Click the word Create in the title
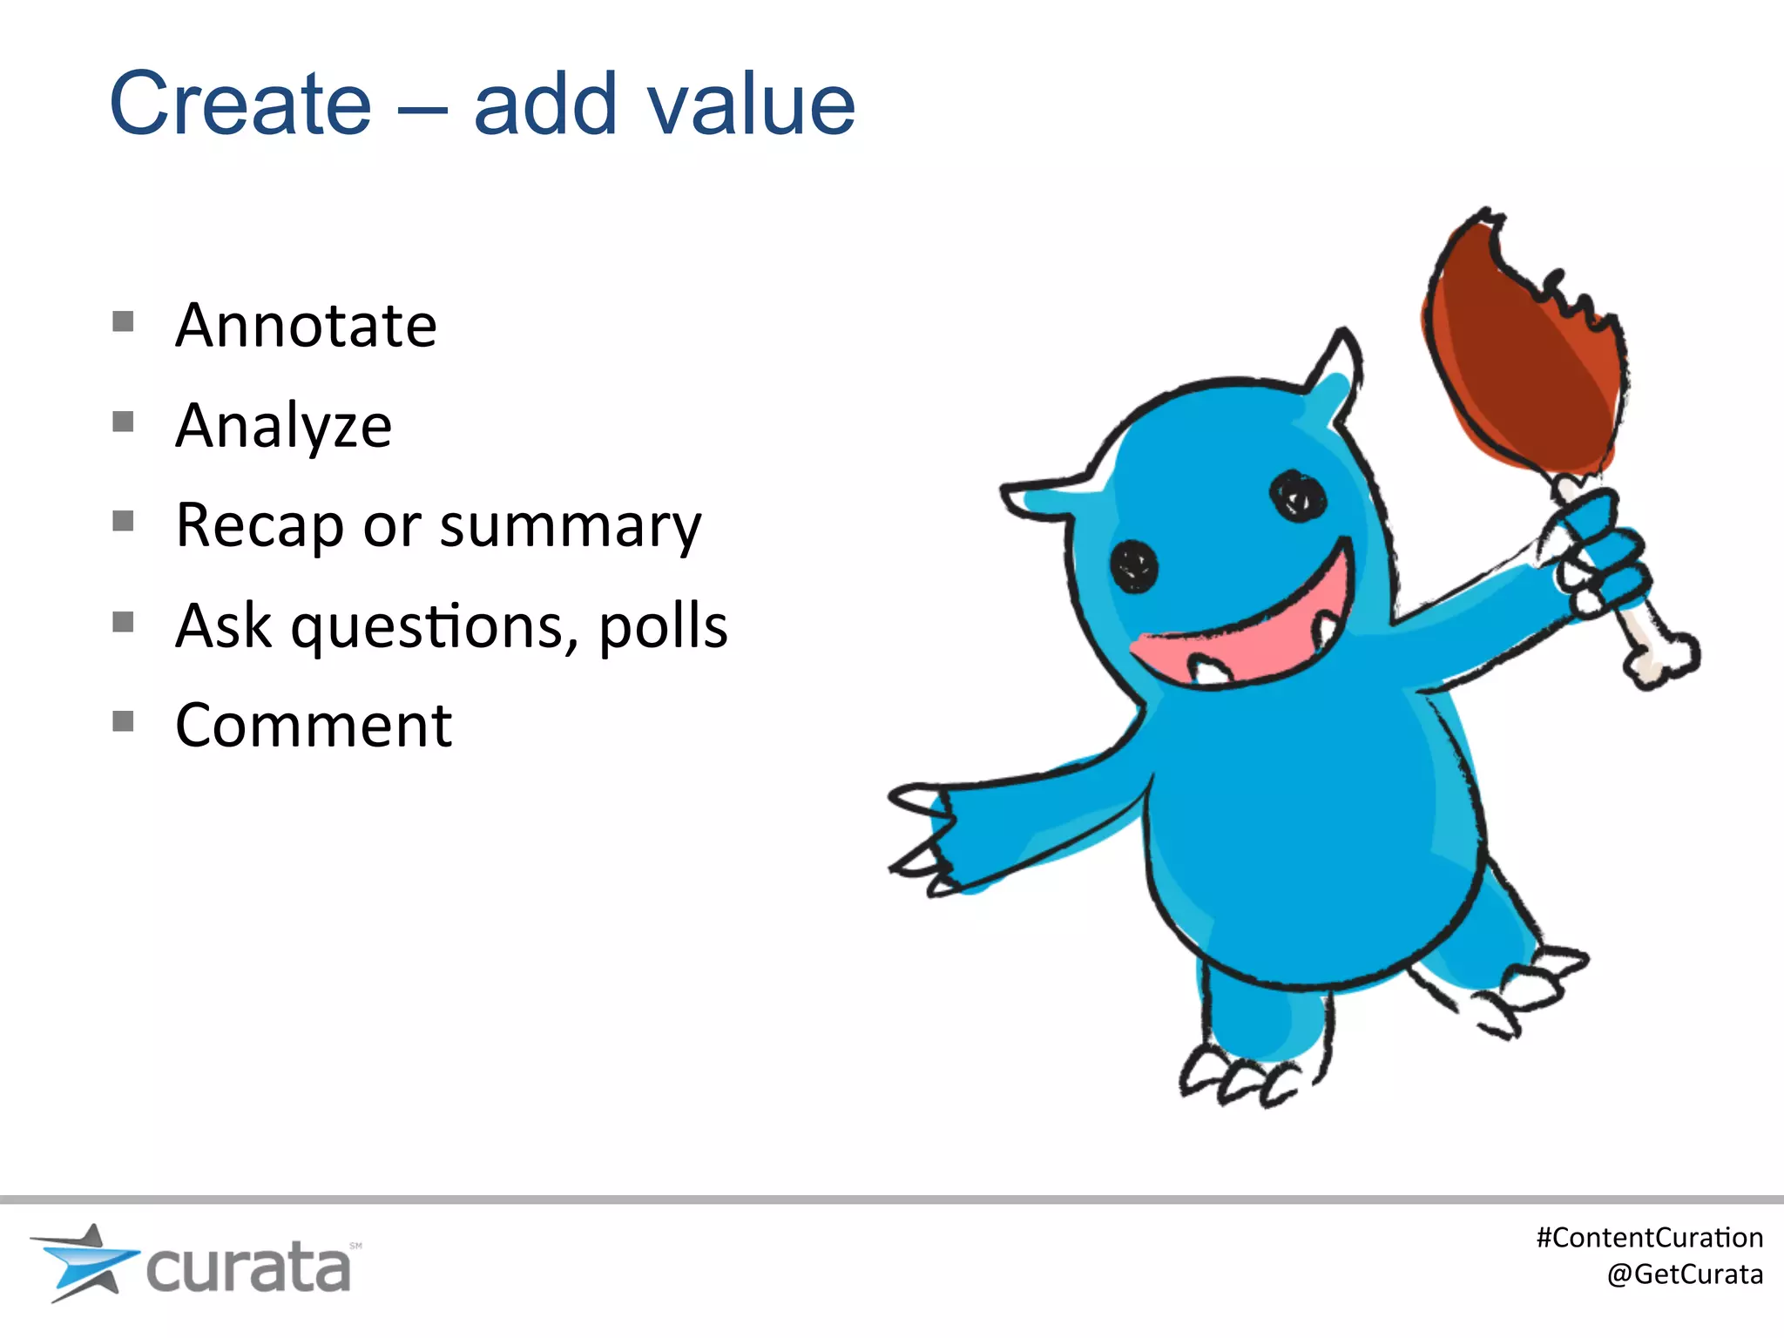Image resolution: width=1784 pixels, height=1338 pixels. [240, 105]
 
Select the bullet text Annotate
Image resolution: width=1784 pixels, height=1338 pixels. [306, 326]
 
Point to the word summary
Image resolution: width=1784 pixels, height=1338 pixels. [570, 527]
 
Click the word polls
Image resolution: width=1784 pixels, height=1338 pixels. [663, 625]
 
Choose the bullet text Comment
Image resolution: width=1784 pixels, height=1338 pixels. [314, 725]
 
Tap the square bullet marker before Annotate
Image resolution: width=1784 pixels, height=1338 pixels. [123, 322]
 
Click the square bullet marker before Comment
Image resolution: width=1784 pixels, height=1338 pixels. [123, 721]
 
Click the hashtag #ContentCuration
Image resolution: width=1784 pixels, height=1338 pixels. [1649, 1238]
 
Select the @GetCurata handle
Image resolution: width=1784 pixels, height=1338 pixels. [1684, 1274]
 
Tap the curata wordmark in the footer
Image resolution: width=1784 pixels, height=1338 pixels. [248, 1268]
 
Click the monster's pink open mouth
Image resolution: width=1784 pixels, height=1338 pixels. [1254, 636]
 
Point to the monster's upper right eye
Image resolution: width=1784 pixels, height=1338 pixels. [1298, 497]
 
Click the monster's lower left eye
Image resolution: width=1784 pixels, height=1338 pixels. [1134, 567]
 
